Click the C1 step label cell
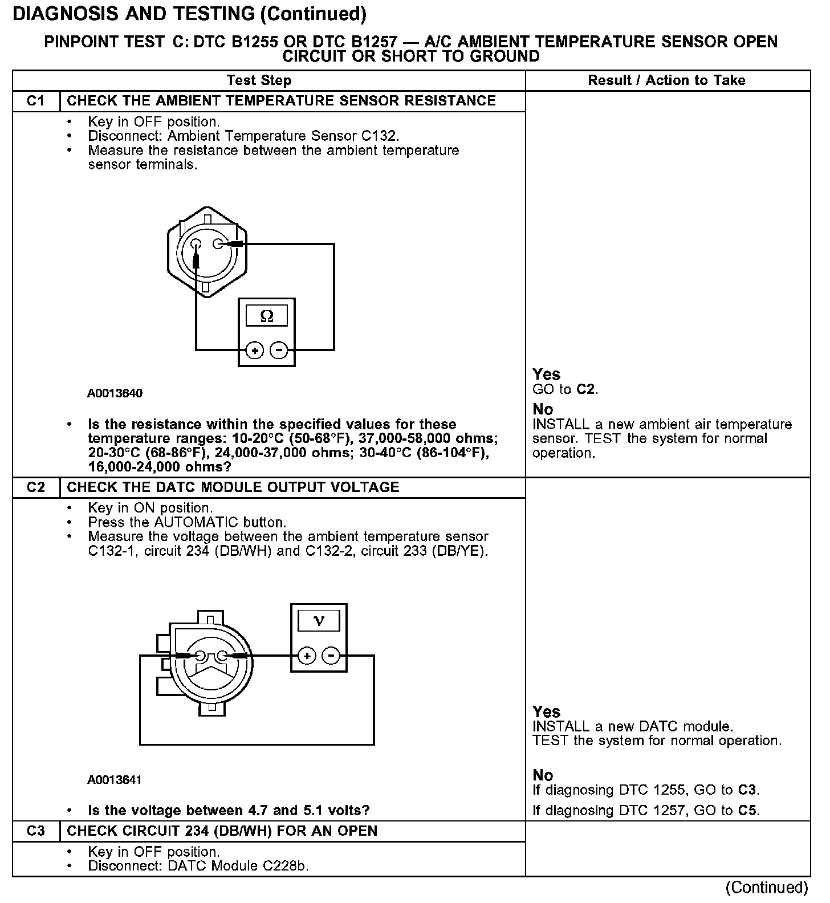pos(36,101)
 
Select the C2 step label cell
pos(36,487)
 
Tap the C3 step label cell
pos(36,831)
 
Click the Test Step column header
pos(259,80)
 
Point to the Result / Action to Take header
pos(666,80)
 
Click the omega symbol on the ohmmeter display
pos(266,316)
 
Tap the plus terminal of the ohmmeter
pos(255,350)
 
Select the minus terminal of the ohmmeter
pos(278,350)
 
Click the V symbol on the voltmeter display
pos(319,621)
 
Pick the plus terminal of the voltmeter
pos(307,656)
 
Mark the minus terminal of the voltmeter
pos(331,656)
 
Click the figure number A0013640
pos(115,393)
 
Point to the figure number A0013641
pos(115,779)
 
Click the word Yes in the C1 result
pos(546,375)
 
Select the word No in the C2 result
pos(543,775)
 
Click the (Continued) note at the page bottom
pos(766,888)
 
